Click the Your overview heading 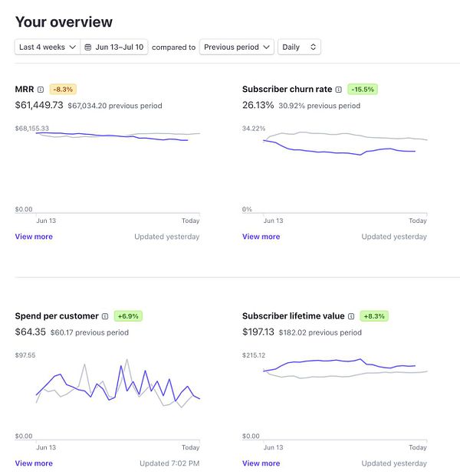coord(64,22)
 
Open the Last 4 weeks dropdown coord(47,47)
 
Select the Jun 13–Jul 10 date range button coord(114,47)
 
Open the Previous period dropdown coord(236,47)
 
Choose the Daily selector coord(299,47)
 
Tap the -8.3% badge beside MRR coord(64,90)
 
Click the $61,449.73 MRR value coord(39,105)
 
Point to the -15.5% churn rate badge coord(363,90)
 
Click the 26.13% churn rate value coord(258,105)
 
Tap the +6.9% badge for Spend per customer coord(128,315)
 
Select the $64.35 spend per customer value coord(31,332)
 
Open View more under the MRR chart coord(34,237)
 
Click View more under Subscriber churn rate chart coord(261,237)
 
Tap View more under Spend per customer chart coord(34,463)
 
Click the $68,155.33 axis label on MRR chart coord(32,129)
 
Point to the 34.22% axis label coord(254,129)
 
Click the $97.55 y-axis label coord(26,355)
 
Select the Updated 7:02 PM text coord(169,463)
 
